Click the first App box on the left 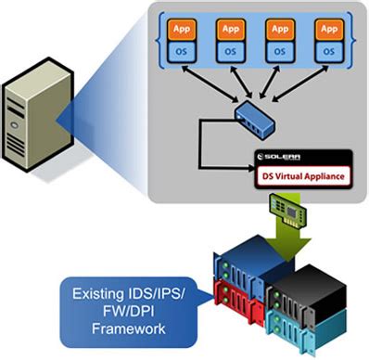tap(181, 29)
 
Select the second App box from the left tap(230, 29)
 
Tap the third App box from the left tap(279, 29)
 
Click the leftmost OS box tap(181, 52)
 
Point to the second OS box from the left tap(230, 52)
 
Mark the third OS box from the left tap(279, 52)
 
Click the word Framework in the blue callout tap(121, 328)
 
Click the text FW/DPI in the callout tap(121, 311)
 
